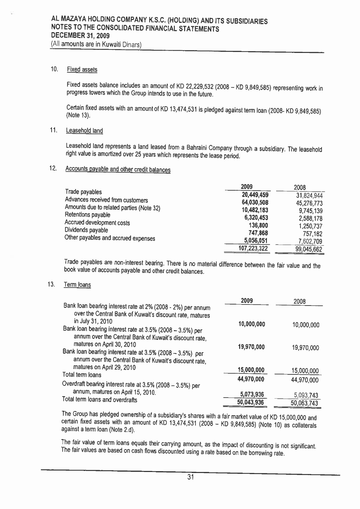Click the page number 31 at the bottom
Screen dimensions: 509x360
tap(190, 478)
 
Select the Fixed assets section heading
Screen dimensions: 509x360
tap(82, 70)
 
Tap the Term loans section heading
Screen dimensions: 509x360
tap(78, 285)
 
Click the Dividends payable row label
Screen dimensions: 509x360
tap(86, 230)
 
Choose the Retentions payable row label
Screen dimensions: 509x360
tap(88, 215)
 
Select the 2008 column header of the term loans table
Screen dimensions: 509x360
tap(299, 301)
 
